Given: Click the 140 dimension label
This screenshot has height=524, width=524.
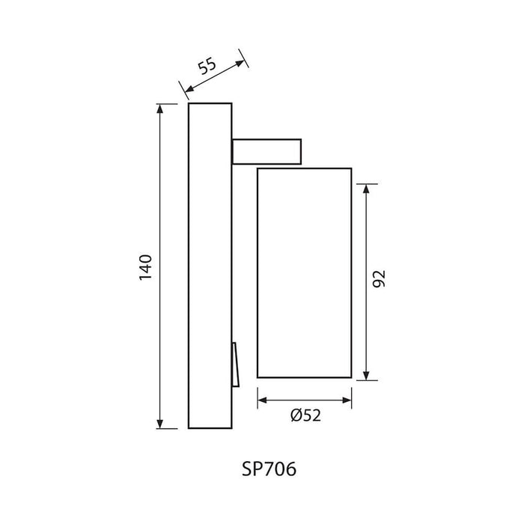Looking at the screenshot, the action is click(x=146, y=268).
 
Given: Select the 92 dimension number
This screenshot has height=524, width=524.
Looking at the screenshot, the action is click(x=379, y=279).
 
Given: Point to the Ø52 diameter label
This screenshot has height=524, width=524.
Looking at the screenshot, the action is click(x=305, y=415).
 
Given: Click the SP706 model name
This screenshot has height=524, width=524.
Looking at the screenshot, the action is click(x=269, y=469).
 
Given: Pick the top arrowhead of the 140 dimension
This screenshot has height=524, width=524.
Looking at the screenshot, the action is click(x=160, y=109).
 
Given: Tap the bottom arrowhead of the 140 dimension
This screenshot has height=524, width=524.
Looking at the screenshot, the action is click(x=160, y=424).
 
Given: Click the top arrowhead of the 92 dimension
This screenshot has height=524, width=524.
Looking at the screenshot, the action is click(x=367, y=189).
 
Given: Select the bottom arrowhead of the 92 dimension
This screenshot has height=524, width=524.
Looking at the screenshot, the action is click(x=367, y=375).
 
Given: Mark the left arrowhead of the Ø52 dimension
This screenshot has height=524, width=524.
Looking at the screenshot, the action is click(x=263, y=400).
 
